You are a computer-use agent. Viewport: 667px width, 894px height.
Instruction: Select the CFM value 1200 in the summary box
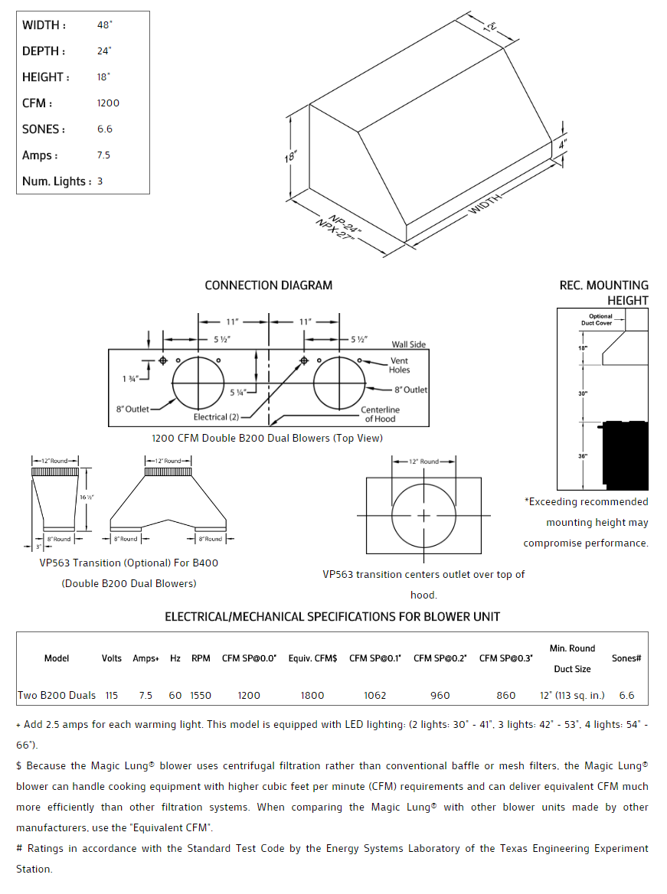coord(108,103)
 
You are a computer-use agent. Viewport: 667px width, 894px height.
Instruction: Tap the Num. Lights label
coord(57,181)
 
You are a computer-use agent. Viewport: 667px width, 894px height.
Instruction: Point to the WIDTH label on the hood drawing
coord(486,204)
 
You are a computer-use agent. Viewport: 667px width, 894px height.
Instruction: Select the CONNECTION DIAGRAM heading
coord(268,285)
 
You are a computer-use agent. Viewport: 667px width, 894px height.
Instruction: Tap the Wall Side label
coord(409,344)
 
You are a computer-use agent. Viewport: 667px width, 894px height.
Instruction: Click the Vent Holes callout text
coord(399,365)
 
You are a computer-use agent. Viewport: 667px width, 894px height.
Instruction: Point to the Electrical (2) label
coord(216,417)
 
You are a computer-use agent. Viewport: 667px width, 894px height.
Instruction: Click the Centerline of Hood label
coord(380,414)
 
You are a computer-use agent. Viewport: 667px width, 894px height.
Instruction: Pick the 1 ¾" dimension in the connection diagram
coord(129,378)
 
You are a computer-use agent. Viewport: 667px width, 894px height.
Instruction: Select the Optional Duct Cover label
coord(600,320)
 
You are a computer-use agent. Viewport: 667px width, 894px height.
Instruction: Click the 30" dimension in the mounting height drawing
coord(583,393)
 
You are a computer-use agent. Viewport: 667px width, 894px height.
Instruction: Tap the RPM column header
coord(201,658)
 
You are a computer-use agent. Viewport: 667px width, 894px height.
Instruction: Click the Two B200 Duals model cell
coord(57,696)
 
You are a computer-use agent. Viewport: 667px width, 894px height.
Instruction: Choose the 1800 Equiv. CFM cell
coord(312,696)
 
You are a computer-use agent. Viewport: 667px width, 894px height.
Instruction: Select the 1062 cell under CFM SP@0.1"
coord(375,696)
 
